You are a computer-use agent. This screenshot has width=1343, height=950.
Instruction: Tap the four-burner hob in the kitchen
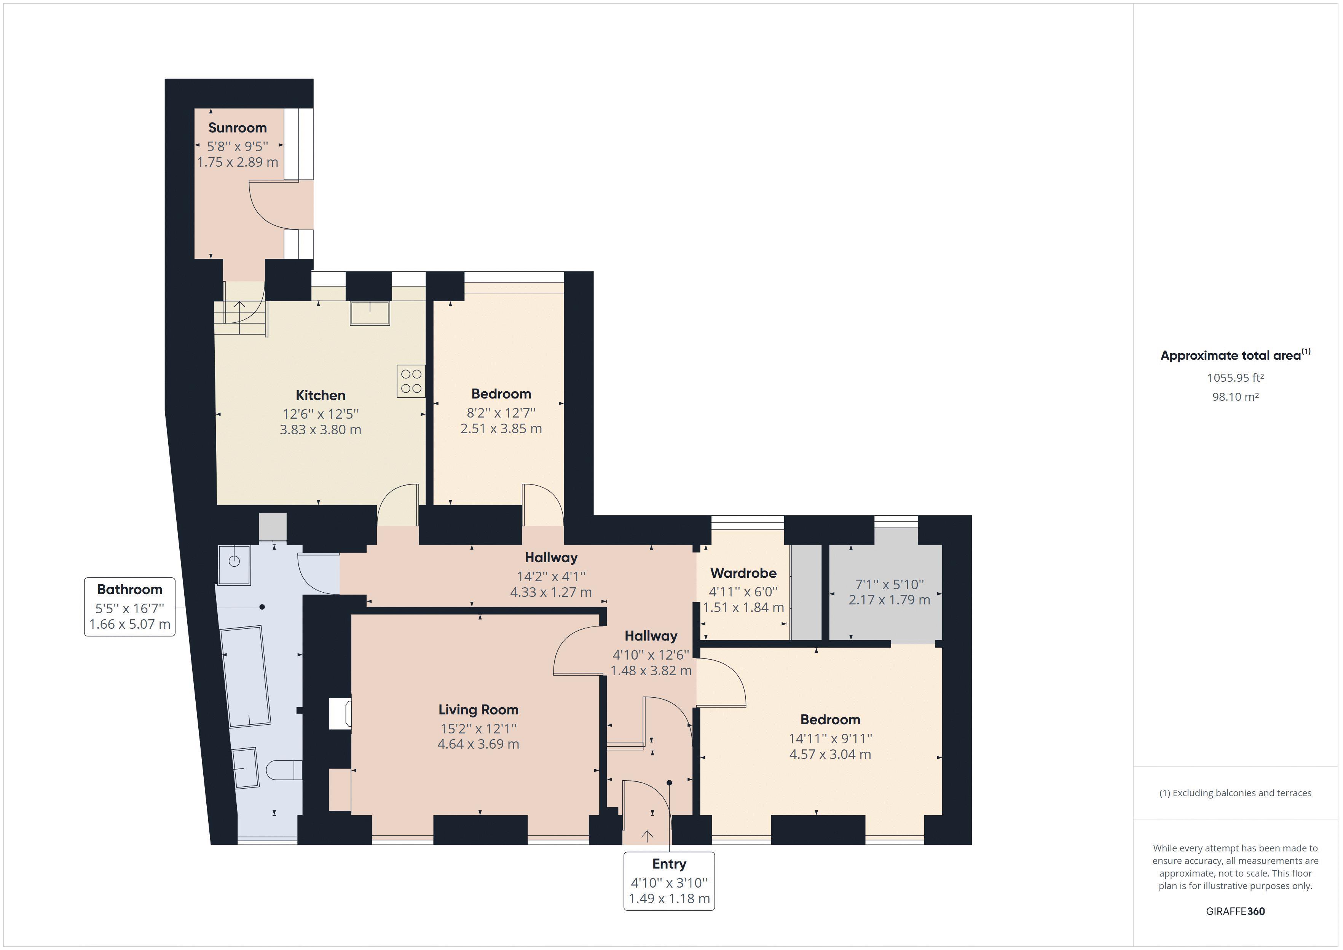point(411,381)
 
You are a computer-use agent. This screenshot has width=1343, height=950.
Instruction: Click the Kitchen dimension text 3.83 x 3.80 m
point(320,429)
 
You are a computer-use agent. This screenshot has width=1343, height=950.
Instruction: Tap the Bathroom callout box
point(130,607)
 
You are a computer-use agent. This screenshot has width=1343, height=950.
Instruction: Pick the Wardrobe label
point(743,573)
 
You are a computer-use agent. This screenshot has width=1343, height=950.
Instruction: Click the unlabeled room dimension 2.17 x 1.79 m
point(889,599)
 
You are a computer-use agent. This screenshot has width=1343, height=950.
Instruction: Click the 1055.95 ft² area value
point(1235,378)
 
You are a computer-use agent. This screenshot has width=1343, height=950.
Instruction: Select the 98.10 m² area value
point(1235,397)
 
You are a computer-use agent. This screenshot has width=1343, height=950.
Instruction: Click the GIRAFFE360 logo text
point(1235,911)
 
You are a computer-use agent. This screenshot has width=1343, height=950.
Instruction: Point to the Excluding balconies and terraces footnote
point(1235,793)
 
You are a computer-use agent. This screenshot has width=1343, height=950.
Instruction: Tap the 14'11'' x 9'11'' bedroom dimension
point(829,738)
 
